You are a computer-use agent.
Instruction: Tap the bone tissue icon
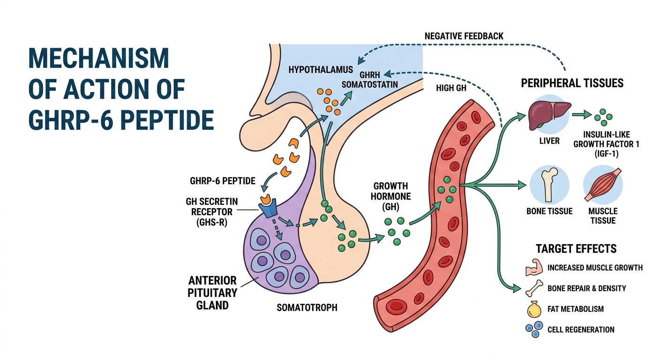549,186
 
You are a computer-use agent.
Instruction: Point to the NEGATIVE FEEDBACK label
464,36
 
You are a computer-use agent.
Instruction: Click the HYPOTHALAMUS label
321,70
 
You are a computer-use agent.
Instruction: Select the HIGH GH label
451,88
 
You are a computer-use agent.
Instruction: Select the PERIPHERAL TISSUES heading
572,83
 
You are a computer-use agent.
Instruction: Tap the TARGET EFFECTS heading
576,248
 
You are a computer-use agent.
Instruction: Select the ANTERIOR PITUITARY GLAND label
212,293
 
